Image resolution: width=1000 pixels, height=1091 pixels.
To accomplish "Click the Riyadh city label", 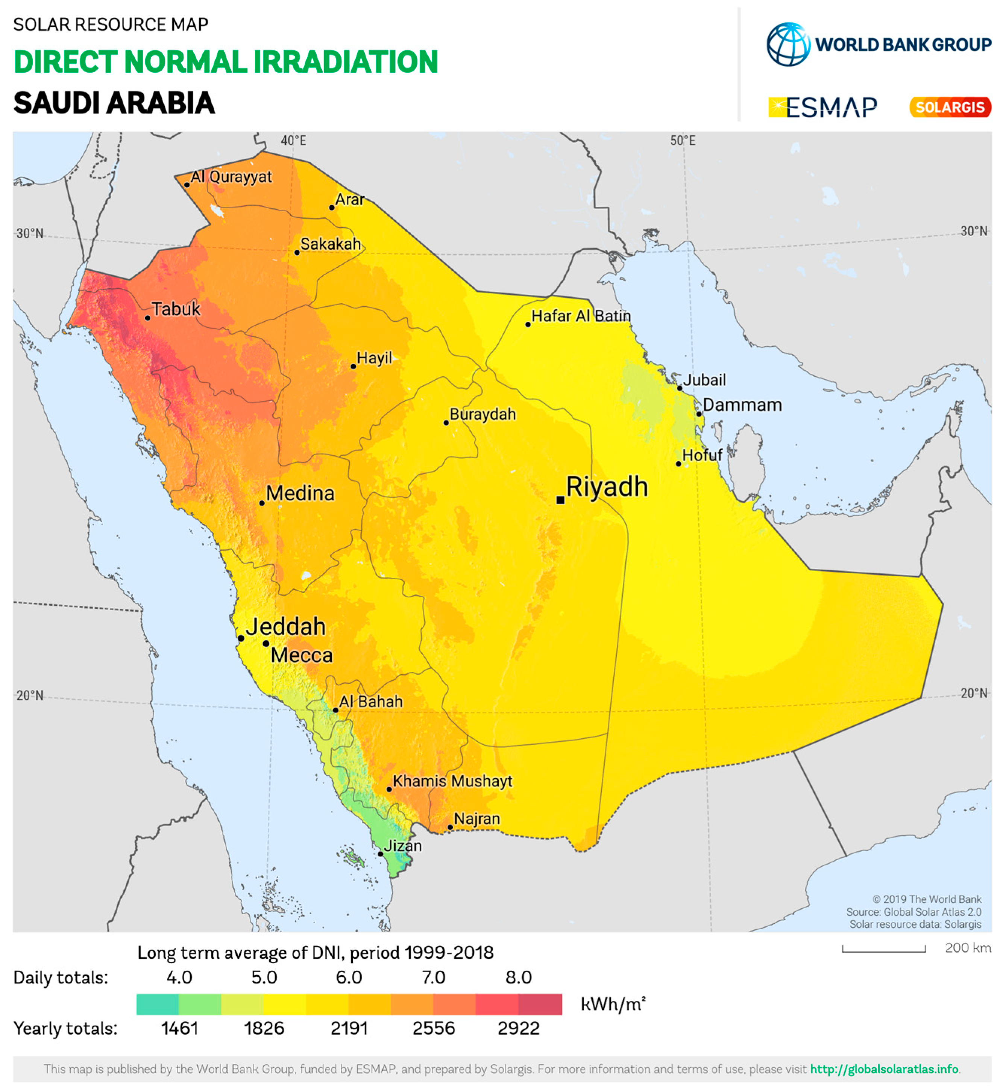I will pos(607,487).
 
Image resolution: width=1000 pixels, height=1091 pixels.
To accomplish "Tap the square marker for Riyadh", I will pos(560,500).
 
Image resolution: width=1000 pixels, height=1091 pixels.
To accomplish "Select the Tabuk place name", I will pos(176,309).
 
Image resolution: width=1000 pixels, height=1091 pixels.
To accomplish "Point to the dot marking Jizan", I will pos(381,854).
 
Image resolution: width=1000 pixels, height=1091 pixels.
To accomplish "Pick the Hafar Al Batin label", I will pos(581,316).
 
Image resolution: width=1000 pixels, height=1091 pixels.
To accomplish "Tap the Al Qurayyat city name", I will pos(231,177).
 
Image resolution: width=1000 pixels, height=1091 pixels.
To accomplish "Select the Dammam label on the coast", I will pos(742,405).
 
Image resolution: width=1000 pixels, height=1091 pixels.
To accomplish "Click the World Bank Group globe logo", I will pos(788,44).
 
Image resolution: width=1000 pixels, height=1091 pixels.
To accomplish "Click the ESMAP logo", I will pos(822,107).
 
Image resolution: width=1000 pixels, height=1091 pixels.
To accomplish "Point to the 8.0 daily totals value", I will pos(518,977).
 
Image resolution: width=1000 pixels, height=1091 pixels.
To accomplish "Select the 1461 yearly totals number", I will pos(179,1028).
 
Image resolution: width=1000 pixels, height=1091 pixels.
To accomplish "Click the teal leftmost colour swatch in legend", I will pos(158,1005).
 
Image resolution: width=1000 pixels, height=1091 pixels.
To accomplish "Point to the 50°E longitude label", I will pos(682,141).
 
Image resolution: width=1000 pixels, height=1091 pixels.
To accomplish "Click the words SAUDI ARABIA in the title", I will pos(114,103).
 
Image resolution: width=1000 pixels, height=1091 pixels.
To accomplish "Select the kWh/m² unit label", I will pos(613,1005).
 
